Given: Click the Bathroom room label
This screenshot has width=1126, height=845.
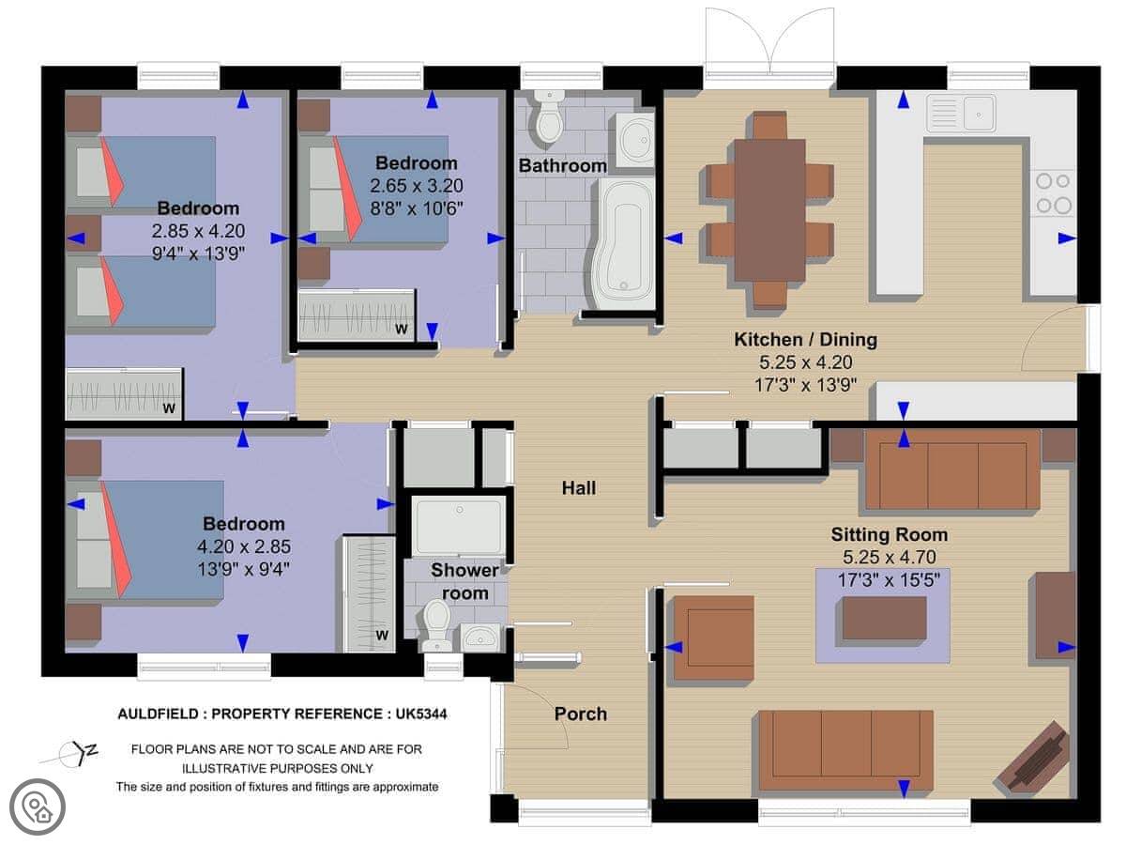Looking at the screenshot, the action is [562, 166].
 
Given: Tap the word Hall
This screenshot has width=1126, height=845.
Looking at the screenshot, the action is [579, 488].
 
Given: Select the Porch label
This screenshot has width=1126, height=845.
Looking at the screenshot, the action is [581, 714].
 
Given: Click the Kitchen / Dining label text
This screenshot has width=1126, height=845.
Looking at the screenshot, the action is [805, 339].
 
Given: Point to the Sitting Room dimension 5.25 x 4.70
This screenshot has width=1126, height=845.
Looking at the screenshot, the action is [889, 557].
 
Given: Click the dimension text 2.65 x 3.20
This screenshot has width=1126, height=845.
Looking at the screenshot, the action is [417, 186].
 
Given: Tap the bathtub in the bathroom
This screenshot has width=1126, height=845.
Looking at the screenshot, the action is [626, 244].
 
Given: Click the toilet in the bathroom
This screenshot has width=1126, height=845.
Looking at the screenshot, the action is [550, 115].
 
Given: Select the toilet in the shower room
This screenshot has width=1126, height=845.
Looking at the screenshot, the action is [436, 625].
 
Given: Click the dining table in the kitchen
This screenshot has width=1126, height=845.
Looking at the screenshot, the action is [769, 210].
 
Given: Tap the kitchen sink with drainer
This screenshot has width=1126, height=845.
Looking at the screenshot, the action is [961, 113].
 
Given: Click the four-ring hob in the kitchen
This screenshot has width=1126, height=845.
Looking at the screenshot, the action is [1054, 193].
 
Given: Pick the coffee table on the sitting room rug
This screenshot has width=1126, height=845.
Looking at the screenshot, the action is [884, 618].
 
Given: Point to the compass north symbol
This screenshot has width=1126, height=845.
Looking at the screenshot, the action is [72, 754].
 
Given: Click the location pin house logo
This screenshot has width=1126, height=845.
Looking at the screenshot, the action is [38, 807].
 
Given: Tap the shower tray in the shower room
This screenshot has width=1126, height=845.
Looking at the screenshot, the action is [459, 526].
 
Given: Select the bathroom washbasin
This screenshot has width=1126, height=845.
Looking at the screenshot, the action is [635, 140].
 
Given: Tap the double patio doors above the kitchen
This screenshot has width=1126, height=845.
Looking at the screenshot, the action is [769, 42].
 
